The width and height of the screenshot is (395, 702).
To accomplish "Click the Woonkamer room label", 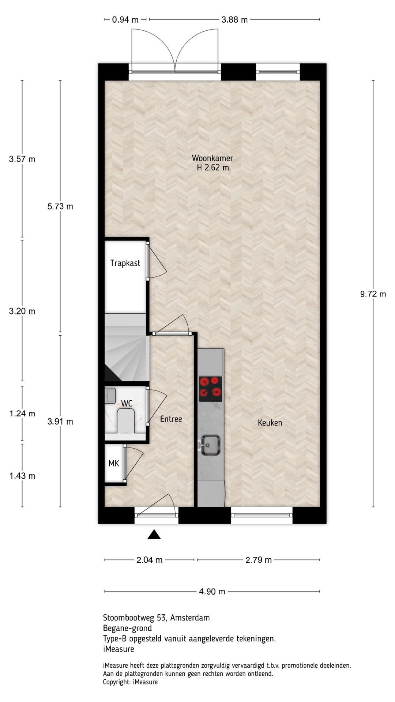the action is (x=212, y=158).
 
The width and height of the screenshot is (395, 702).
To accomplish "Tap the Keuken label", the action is (x=270, y=423).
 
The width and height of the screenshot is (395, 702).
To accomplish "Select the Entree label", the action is (x=171, y=419).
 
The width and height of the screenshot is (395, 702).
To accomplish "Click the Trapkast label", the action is (x=125, y=263).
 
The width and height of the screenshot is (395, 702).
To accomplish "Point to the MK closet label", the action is (x=114, y=464).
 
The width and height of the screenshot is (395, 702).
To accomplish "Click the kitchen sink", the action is (x=210, y=445).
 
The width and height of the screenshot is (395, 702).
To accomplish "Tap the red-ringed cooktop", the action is (x=211, y=389).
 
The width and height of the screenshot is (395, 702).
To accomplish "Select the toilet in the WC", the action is (x=126, y=420).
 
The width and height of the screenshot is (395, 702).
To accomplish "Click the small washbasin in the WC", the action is (x=110, y=395).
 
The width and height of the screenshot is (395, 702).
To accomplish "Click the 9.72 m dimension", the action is (x=373, y=294).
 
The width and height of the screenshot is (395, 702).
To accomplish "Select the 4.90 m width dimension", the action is (x=212, y=591).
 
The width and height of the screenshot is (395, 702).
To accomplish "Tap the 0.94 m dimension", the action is (x=125, y=20).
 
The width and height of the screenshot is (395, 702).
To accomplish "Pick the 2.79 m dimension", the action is (x=259, y=560).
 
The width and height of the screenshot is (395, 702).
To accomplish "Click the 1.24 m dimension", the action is (x=22, y=414).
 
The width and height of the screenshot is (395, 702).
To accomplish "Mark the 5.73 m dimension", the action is (x=60, y=207).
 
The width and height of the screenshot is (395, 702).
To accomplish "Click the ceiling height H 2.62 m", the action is (x=213, y=168).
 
